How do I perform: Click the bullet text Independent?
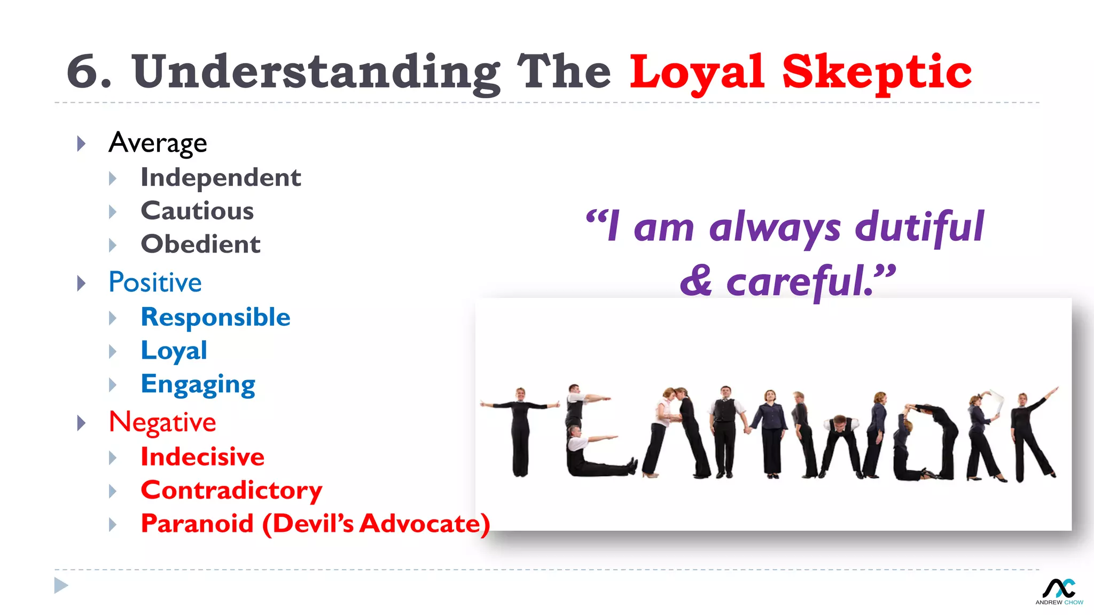[221, 178]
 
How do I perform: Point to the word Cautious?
[197, 211]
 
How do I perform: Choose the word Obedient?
[200, 245]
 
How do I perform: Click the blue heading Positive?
[155, 282]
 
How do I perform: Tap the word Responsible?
[215, 318]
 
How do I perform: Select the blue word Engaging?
[198, 384]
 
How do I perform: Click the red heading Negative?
[162, 422]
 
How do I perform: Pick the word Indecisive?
[202, 457]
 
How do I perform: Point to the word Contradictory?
[231, 490]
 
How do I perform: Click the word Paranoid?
[197, 524]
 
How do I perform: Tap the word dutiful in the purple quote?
[919, 227]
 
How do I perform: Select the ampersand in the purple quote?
[696, 281]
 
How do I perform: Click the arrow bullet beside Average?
[81, 144]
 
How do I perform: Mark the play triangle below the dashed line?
[61, 586]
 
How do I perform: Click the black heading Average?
[158, 143]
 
